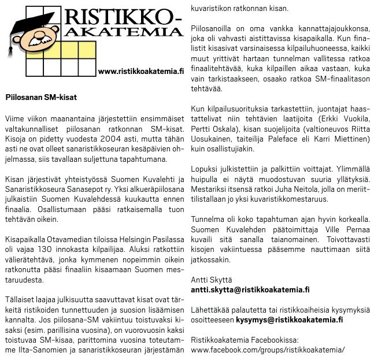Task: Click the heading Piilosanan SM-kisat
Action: point(40,98)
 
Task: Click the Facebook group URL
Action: point(268,350)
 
